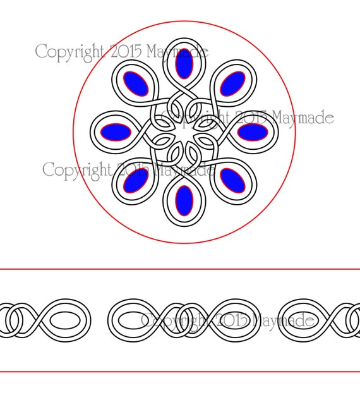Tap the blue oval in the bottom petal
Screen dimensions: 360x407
pyautogui.click(x=184, y=200)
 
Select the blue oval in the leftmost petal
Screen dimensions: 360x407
pyautogui.click(x=116, y=132)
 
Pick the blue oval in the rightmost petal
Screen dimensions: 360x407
pyautogui.click(x=253, y=132)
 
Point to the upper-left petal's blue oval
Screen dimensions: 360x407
pyautogui.click(x=136, y=83)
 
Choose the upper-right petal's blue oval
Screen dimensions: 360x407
pyautogui.click(x=232, y=83)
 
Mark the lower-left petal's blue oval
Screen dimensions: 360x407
pyautogui.click(x=136, y=180)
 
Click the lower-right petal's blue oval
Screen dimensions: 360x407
pyautogui.click(x=232, y=180)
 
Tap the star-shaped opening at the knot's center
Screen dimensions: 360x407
pyautogui.click(x=184, y=132)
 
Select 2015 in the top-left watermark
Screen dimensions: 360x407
pyautogui.click(x=126, y=51)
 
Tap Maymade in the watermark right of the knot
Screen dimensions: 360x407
pyautogui.click(x=303, y=118)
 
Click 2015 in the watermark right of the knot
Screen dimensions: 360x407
pyautogui.click(x=251, y=118)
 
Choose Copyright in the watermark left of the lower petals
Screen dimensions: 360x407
pyautogui.click(x=77, y=171)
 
